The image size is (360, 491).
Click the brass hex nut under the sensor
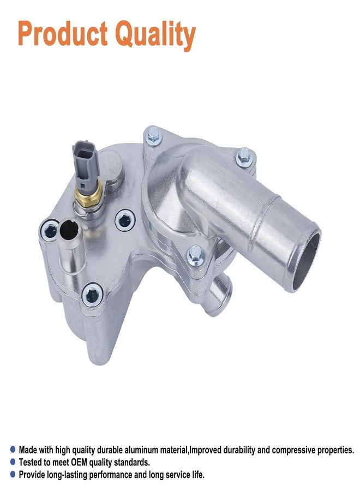click(89, 196)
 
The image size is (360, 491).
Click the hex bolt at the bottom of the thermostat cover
click(196, 255)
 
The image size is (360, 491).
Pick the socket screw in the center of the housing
click(125, 220)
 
